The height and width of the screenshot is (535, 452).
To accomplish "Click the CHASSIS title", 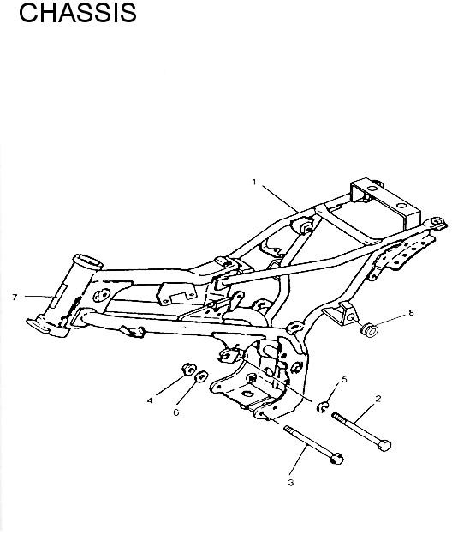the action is tap(78, 13).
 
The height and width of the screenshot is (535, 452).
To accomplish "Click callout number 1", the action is tap(254, 183).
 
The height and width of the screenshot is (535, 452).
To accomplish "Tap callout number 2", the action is tap(378, 398).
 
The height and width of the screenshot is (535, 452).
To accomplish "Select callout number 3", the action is tap(290, 483).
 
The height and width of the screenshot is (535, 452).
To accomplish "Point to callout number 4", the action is tap(150, 400).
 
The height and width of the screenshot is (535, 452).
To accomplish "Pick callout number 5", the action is tap(344, 380).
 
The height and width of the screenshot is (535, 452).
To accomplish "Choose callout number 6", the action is tap(175, 412).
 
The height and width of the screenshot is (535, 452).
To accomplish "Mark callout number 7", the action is tap(15, 298).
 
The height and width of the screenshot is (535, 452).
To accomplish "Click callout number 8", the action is tap(411, 313).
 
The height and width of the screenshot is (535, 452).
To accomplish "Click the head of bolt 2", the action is tap(384, 445).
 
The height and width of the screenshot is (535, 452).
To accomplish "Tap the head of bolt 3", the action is tap(337, 459).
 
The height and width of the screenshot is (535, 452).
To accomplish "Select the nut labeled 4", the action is tap(188, 370).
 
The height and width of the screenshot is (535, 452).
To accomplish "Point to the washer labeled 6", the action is tap(201, 376).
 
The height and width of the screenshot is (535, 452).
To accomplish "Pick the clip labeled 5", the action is tap(322, 406).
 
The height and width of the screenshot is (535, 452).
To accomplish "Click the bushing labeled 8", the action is tap(369, 329).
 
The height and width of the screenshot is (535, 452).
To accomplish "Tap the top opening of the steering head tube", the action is tap(87, 261).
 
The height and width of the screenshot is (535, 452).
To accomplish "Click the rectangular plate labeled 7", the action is tap(58, 296).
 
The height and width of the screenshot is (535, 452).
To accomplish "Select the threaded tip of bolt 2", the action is tap(336, 416).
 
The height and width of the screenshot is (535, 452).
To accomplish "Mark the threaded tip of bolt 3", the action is tap(288, 429).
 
